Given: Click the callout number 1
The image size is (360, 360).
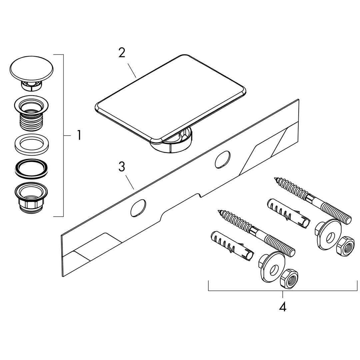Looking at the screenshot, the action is click(79, 135).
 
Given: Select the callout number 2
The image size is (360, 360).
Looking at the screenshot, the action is click(122, 52).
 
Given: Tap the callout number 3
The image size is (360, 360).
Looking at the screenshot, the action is click(122, 167).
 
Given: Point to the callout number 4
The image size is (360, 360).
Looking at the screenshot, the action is click(283, 307).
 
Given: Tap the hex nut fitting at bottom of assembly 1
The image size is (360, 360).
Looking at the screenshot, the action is click(31, 197).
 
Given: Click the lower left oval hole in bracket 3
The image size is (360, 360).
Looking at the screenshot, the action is click(138, 208).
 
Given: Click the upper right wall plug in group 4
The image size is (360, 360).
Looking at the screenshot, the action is click(289, 213).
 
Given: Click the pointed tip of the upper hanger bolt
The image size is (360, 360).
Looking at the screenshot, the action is click(274, 178).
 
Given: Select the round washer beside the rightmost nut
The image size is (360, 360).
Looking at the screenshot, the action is click(329, 235).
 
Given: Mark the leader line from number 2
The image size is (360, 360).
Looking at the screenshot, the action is click(132, 70).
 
